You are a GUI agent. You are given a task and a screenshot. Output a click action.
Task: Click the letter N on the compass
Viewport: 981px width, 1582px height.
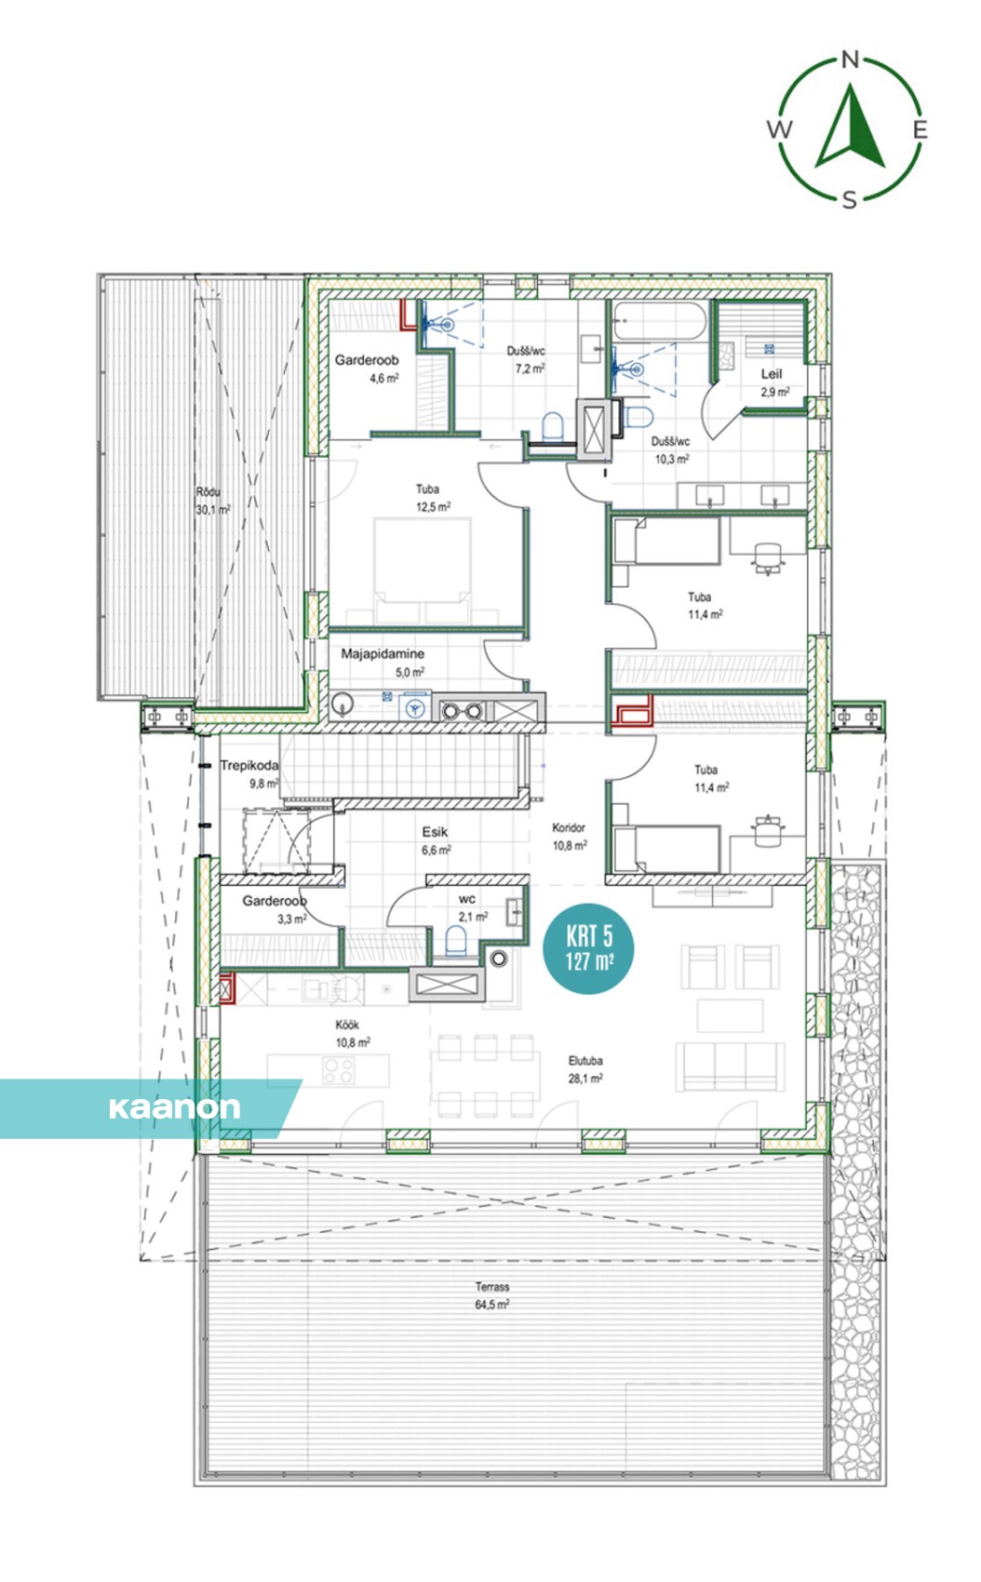(x=851, y=60)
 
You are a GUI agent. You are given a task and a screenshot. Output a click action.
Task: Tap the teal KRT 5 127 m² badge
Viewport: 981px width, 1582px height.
(x=588, y=948)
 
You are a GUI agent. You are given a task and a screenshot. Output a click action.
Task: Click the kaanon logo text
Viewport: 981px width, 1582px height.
(x=174, y=1107)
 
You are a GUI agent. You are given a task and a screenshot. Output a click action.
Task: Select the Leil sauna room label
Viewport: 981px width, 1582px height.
(x=773, y=382)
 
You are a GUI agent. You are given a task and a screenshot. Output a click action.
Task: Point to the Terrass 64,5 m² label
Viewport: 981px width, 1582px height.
(x=492, y=1296)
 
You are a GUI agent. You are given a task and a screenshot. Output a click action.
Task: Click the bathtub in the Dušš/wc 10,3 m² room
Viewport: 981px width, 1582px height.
(x=659, y=322)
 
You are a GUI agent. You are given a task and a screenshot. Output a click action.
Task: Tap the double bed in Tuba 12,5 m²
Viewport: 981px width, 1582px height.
(x=422, y=571)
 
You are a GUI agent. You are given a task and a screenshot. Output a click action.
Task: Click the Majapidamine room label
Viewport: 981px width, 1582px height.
(x=383, y=654)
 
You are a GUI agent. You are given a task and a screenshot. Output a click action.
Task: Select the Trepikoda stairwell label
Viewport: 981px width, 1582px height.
(x=249, y=765)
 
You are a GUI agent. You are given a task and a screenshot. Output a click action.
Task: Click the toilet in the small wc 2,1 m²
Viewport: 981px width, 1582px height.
(x=456, y=942)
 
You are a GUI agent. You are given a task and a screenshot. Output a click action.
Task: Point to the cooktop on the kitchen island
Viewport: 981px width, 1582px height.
(x=339, y=1070)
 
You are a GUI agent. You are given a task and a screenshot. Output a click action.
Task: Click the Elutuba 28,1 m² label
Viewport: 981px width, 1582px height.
(x=585, y=1069)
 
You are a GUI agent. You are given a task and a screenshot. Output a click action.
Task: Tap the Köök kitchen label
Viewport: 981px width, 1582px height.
(x=347, y=1025)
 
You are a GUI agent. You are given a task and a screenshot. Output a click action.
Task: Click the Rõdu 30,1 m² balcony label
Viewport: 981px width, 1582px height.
(x=212, y=501)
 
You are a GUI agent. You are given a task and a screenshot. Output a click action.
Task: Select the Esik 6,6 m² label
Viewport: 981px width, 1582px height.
(x=436, y=840)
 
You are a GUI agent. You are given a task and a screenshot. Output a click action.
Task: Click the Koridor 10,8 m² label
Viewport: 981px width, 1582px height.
(x=570, y=837)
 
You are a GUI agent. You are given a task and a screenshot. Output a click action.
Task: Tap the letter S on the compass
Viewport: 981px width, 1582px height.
(x=850, y=201)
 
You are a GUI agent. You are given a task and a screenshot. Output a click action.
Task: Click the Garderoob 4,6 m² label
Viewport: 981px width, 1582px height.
(x=367, y=369)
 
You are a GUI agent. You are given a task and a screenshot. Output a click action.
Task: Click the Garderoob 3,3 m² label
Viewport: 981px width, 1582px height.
(x=274, y=910)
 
